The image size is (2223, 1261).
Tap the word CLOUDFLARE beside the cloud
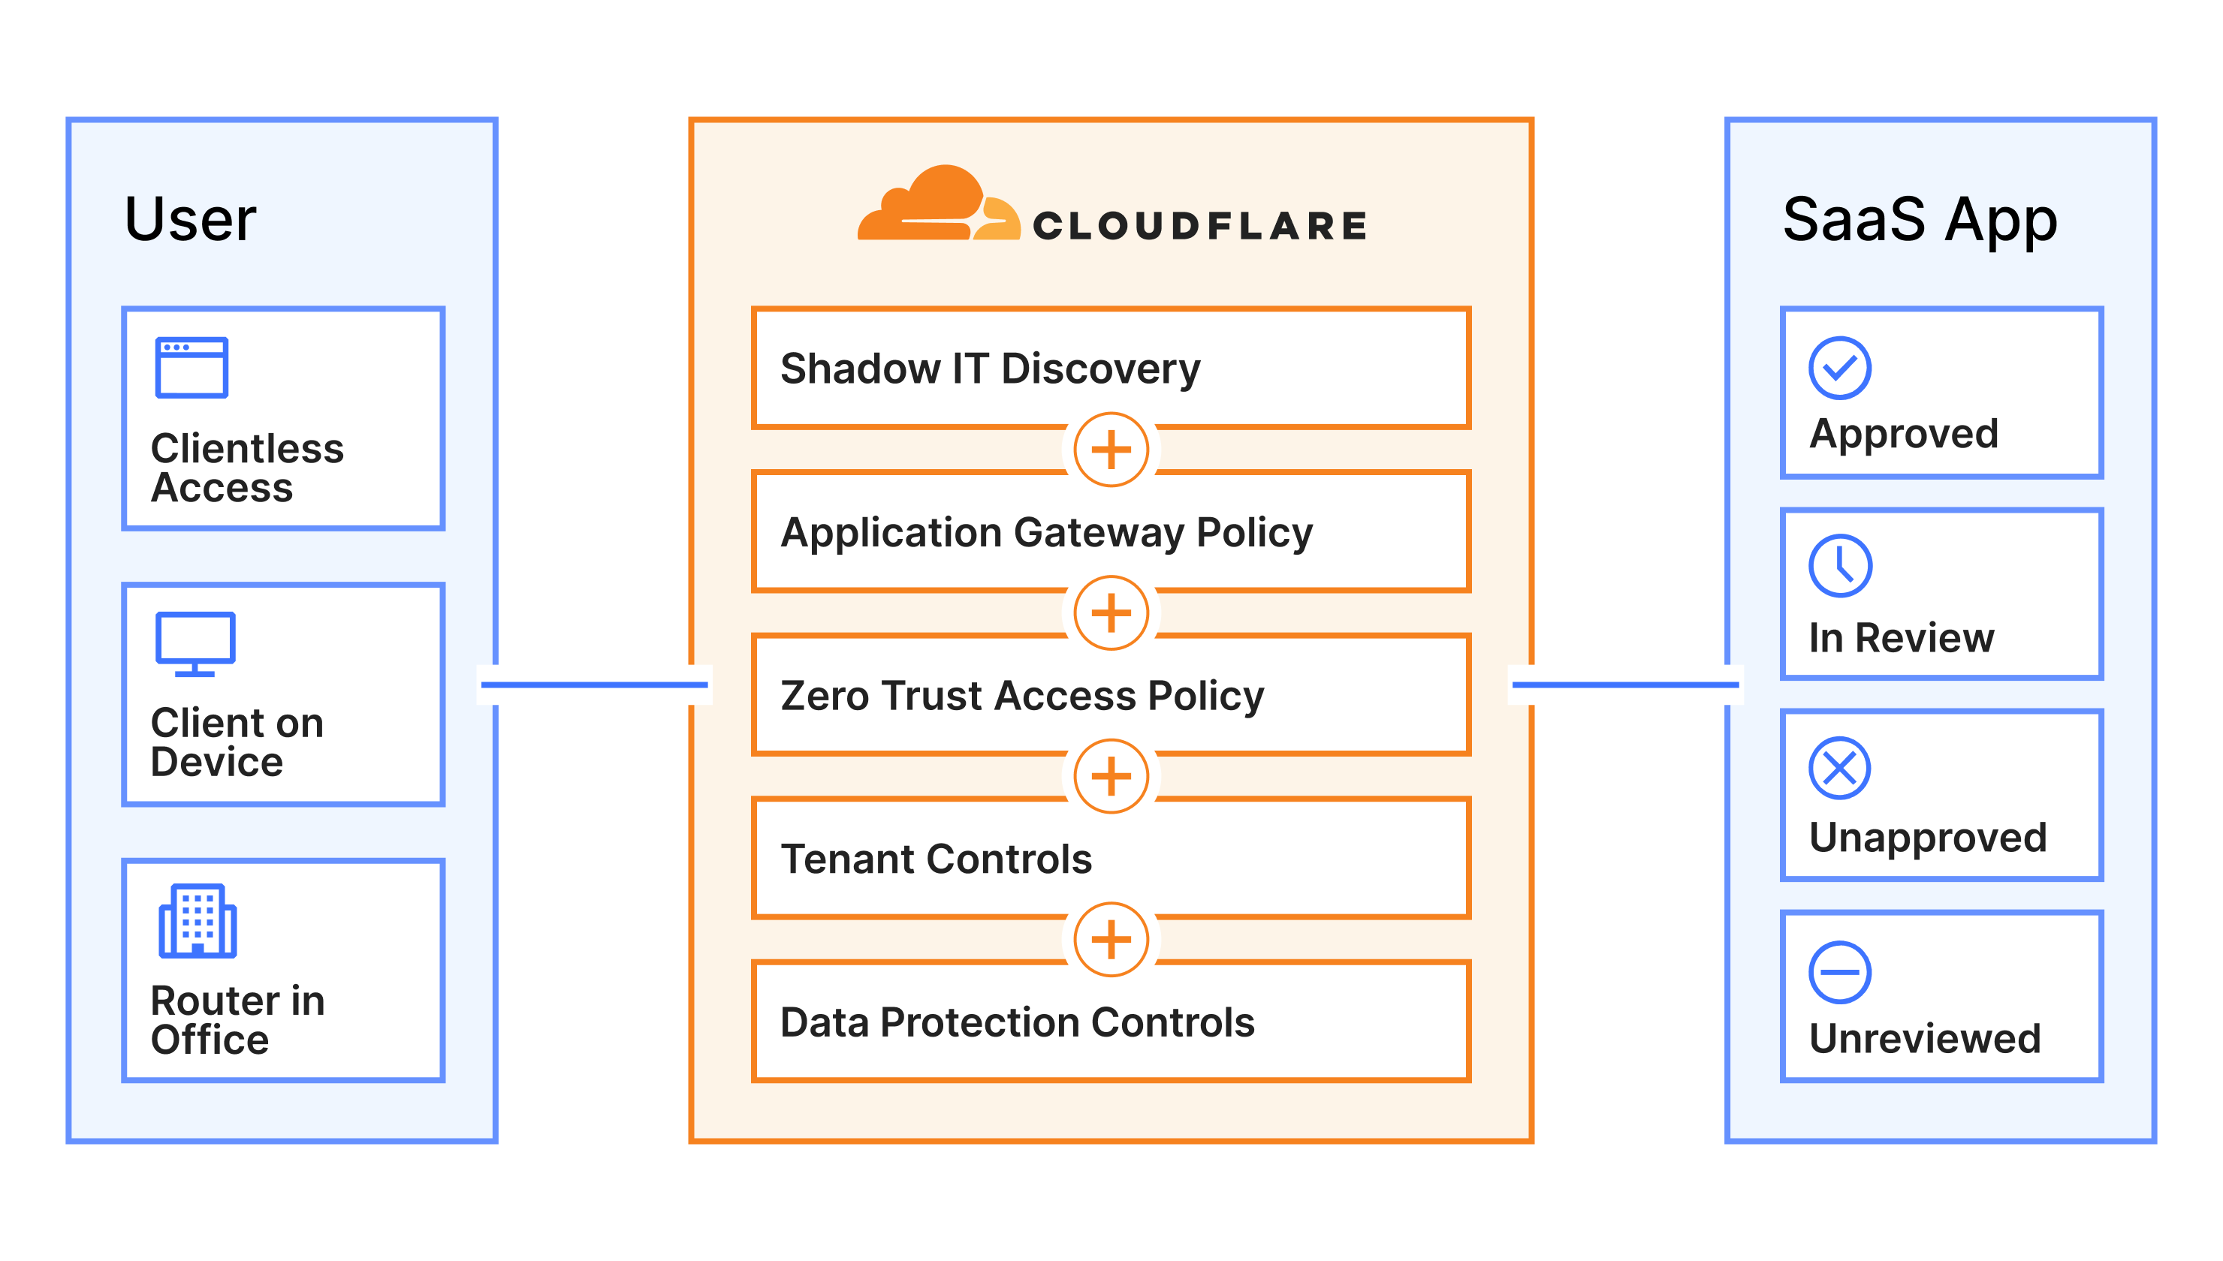click(x=1200, y=226)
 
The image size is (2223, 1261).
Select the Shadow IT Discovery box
click(x=1111, y=368)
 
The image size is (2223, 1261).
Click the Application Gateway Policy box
click(x=1111, y=531)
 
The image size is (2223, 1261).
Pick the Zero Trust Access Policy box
click(x=1111, y=696)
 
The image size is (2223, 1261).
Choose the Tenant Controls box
click(x=1111, y=858)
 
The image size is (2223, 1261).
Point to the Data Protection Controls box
click(x=1111, y=1022)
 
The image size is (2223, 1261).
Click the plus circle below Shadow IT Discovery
click(x=1111, y=450)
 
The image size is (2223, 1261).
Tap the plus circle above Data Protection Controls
click(x=1111, y=940)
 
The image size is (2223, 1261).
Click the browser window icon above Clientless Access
click(x=192, y=367)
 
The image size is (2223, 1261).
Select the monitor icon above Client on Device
click(x=195, y=643)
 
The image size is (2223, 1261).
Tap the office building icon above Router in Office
click(x=198, y=921)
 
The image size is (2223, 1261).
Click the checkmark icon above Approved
click(x=1839, y=368)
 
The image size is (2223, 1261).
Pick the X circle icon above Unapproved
click(x=1839, y=768)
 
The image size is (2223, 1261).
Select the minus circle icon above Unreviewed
click(x=1839, y=972)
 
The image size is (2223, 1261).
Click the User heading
click(x=191, y=219)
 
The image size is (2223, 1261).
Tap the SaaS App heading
click(x=1919, y=219)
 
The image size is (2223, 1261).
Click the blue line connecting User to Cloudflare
click(x=594, y=685)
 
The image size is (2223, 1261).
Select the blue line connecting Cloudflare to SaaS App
click(x=1625, y=685)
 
